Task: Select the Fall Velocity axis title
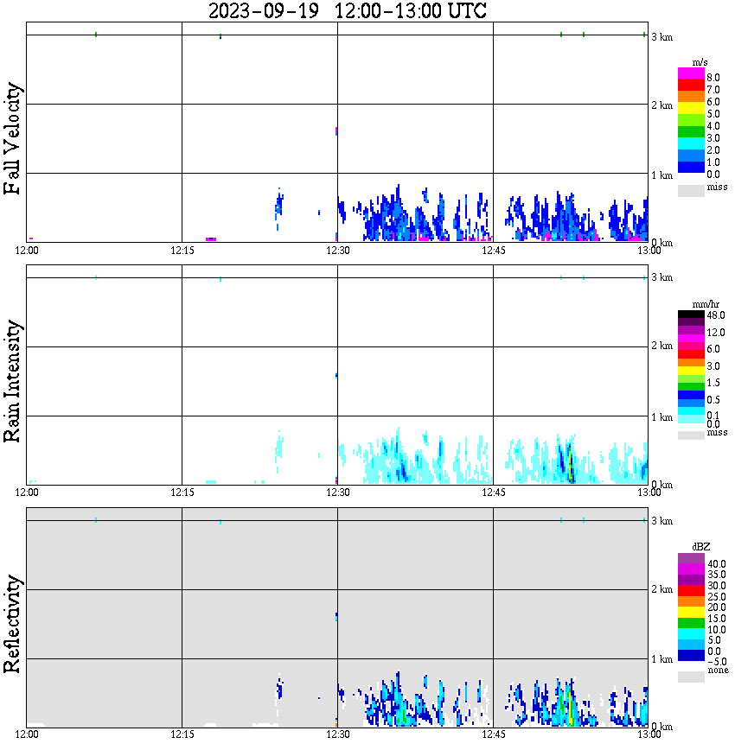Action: coord(13,138)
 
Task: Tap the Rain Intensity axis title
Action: coord(13,381)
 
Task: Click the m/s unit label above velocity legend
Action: coord(701,63)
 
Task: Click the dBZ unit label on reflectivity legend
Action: coord(701,547)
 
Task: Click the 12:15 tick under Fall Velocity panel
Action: coord(182,251)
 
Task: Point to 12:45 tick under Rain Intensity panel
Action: coord(493,493)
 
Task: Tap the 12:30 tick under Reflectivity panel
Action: coord(337,735)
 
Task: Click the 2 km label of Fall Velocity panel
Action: coord(661,105)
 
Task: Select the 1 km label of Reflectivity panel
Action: coord(661,660)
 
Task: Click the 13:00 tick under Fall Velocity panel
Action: coord(649,251)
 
